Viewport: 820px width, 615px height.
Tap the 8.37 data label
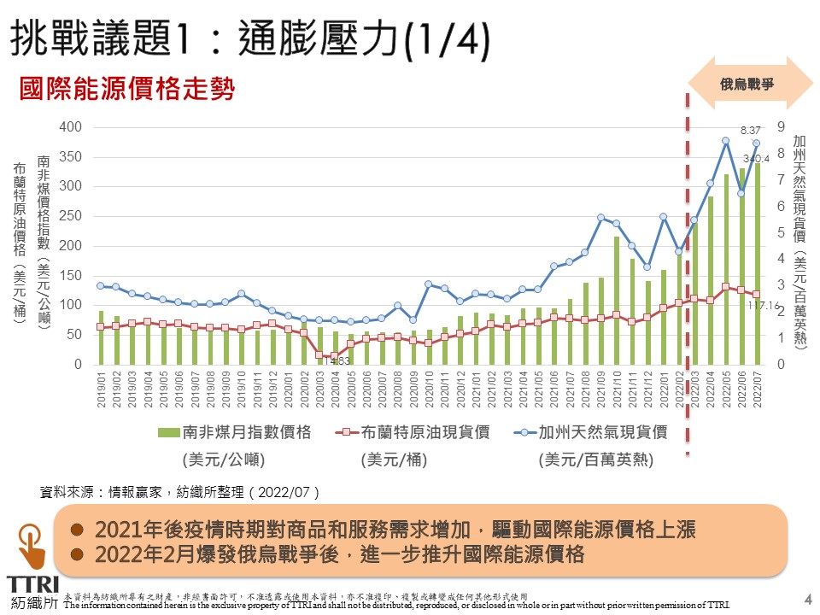(751, 131)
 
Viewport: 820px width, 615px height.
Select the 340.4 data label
(756, 159)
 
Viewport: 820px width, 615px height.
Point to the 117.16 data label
(765, 306)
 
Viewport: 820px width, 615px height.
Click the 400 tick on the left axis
(71, 127)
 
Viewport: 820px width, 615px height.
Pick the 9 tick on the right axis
(781, 127)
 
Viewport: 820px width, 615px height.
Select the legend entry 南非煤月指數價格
(223, 432)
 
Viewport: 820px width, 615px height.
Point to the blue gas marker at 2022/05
(725, 141)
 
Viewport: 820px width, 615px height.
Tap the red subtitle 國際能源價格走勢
(126, 89)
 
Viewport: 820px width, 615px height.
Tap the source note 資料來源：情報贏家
(179, 492)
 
